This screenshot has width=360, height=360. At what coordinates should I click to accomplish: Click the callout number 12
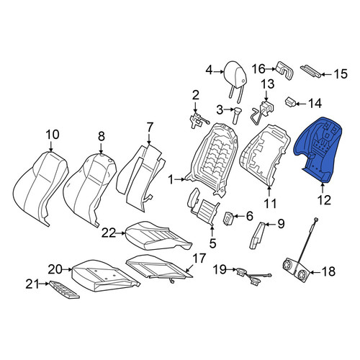pos(324,199)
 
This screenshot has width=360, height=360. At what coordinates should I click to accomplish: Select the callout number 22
pos(109,233)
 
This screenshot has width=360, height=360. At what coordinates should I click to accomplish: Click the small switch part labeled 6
pos(227,218)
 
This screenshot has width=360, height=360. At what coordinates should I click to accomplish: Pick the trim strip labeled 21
pos(64,289)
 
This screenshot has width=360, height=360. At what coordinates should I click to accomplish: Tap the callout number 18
pos(328,271)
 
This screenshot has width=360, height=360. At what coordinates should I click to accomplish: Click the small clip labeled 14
pos(290,102)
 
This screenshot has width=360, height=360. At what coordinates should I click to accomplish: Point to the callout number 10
pos(53,135)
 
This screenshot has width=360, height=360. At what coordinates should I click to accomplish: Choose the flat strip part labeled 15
pos(310,71)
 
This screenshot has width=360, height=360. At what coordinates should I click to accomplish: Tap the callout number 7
pos(150,127)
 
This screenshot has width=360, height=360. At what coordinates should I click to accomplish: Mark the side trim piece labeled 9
pos(257,235)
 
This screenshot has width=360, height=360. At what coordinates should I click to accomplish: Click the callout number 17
pos(199,258)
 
